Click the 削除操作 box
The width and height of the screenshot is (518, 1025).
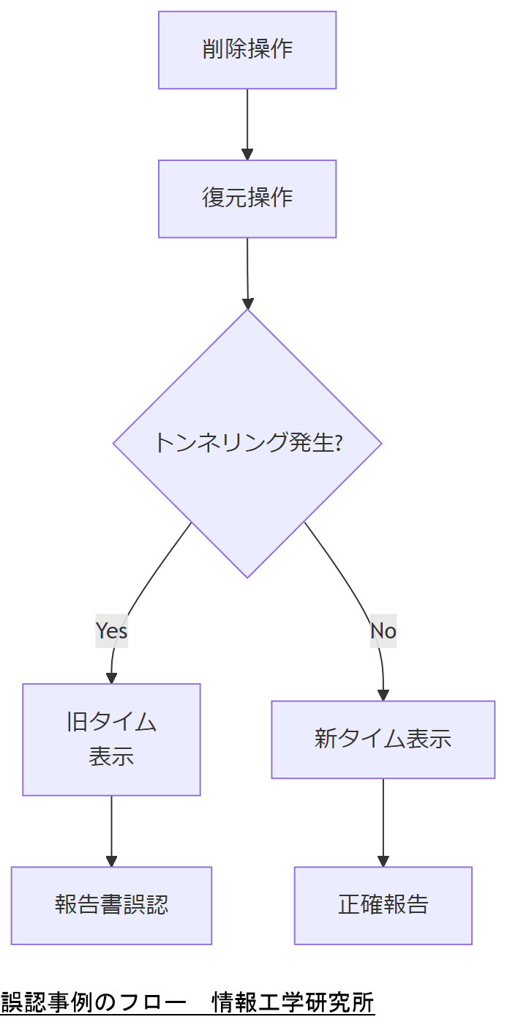pos(247,50)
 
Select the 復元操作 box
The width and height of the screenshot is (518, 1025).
pos(247,198)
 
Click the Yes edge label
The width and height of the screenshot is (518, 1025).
pos(111,630)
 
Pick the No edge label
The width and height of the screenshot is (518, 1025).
pos(383,630)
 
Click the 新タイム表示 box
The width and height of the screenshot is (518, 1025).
pos(383,739)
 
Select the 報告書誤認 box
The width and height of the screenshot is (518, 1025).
pos(111,906)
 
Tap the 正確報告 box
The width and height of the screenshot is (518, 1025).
pos(383,906)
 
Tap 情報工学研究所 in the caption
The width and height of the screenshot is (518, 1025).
pos(293,1002)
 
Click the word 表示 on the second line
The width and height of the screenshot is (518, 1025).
pos(111,756)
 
